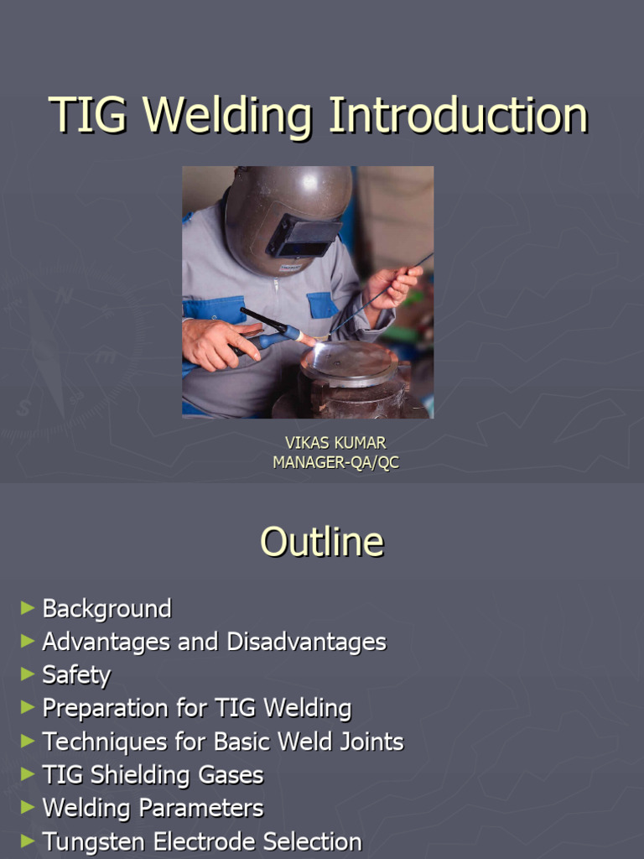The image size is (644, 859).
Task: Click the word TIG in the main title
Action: (88, 116)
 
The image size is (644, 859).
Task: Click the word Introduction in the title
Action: (458, 116)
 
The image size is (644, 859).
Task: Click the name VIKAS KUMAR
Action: (335, 442)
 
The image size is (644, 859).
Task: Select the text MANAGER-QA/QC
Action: (335, 462)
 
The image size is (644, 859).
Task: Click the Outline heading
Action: (322, 542)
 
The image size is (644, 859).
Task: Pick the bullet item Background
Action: (106, 609)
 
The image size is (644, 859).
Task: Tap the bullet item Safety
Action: (76, 675)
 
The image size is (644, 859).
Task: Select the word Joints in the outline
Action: (369, 742)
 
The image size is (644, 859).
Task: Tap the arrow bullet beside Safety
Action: (28, 673)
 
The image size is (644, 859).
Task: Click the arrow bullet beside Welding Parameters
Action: (28, 806)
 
